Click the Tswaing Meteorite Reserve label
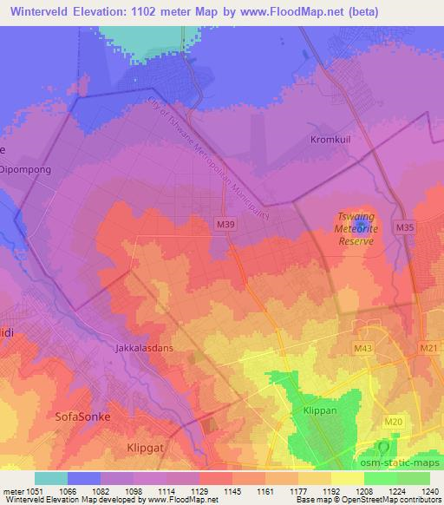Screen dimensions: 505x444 coord(355,228)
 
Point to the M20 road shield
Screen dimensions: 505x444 coord(393,422)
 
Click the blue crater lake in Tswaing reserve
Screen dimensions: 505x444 coord(362,226)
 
